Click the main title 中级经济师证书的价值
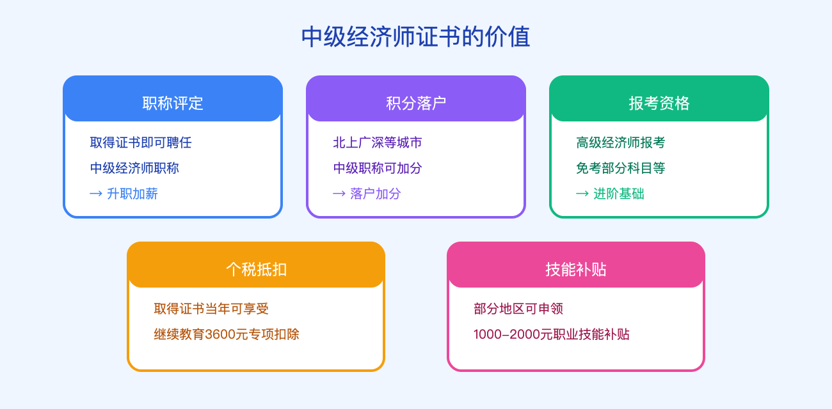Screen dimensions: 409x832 coord(415,37)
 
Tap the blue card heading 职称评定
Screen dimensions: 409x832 coord(173,103)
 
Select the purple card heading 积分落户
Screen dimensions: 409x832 coord(416,103)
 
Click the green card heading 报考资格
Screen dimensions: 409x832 coord(659,103)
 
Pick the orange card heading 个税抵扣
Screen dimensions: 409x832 coord(256,269)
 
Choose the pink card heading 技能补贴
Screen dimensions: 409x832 coord(576,269)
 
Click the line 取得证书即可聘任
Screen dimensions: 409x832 coord(141,143)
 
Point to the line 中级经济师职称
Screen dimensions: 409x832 coord(134,168)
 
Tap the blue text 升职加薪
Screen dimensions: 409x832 coord(132,194)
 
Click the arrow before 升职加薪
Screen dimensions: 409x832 coord(96,194)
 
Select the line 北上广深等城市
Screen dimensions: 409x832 coord(378,143)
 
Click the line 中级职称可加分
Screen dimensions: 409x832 coord(378,168)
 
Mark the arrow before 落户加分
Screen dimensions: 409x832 coord(339,194)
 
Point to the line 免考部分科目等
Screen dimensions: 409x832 coord(621,168)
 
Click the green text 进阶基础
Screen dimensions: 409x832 coord(619,194)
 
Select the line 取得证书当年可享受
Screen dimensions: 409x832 coord(211,309)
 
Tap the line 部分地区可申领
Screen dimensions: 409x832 coord(518,309)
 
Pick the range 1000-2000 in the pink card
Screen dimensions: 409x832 coord(510,334)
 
